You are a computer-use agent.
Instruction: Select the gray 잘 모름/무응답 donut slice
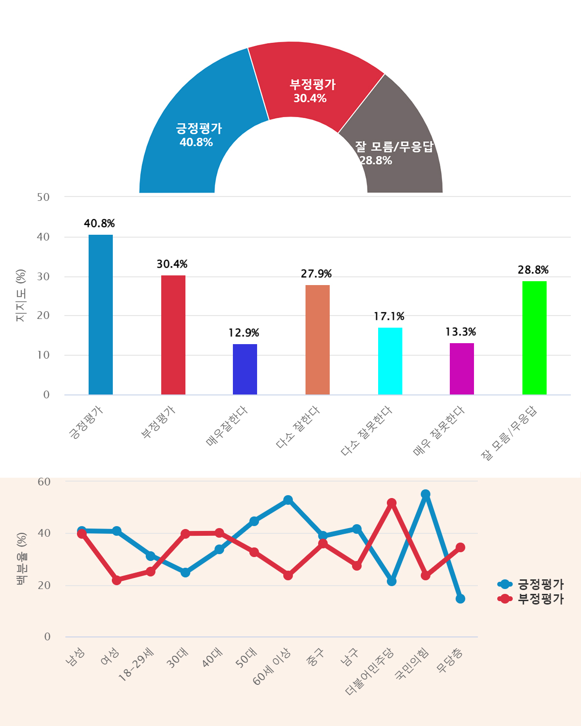pyautogui.click(x=397, y=140)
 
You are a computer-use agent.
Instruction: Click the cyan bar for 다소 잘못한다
pyautogui.click(x=390, y=361)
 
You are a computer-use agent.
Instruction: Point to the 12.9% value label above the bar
pyautogui.click(x=244, y=333)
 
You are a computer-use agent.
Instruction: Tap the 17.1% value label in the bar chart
pyautogui.click(x=389, y=317)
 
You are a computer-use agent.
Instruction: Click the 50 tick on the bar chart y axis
pyautogui.click(x=44, y=197)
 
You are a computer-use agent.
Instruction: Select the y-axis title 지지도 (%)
pyautogui.click(x=21, y=295)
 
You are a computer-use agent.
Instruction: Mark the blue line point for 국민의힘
pyautogui.click(x=426, y=494)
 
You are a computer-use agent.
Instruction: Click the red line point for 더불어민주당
pyautogui.click(x=392, y=503)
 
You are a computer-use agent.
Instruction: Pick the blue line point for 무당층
pyautogui.click(x=460, y=599)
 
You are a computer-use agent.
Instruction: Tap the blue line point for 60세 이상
pyautogui.click(x=288, y=500)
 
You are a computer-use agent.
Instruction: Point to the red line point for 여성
pyautogui.click(x=117, y=580)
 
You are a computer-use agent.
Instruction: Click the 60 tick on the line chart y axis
pyautogui.click(x=44, y=482)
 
